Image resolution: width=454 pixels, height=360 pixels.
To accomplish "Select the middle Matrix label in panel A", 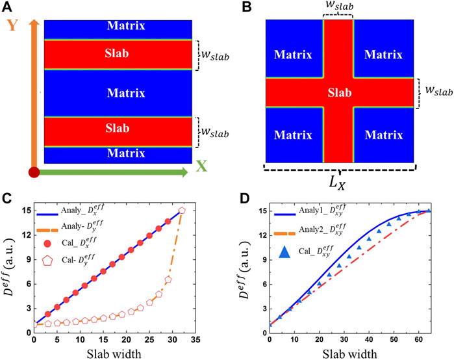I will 118,92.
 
